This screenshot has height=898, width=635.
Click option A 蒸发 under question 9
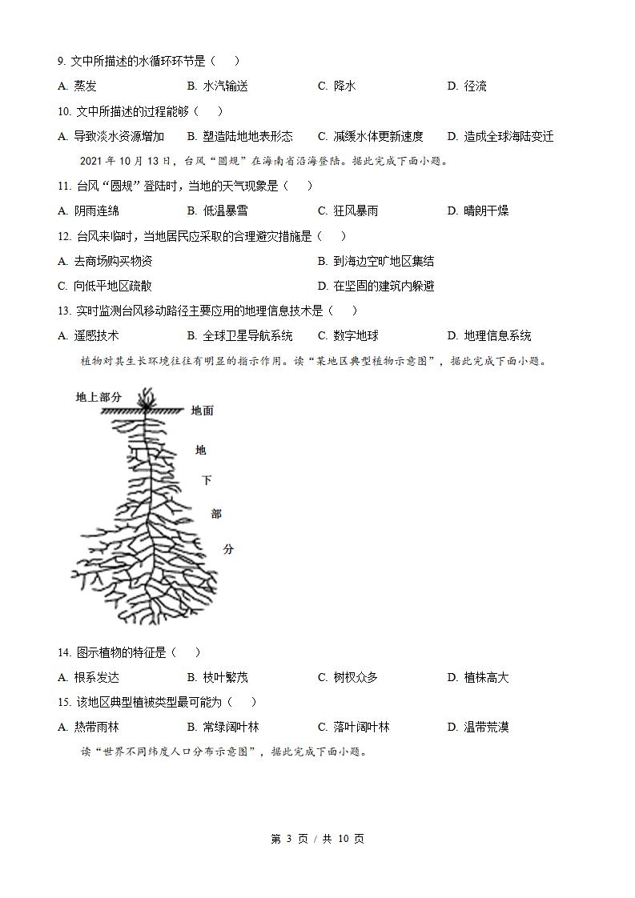coord(78,86)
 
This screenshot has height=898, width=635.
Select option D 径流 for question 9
coord(467,86)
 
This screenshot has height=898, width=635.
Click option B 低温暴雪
coord(217,210)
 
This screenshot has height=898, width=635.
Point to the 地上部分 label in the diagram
coord(98,396)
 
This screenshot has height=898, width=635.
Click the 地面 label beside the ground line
coord(203,411)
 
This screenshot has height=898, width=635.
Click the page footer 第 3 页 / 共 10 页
coord(318,839)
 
